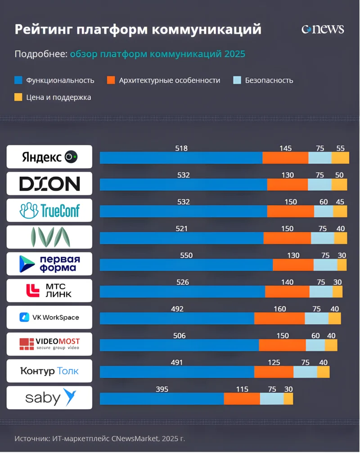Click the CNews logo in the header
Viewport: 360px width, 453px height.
322,29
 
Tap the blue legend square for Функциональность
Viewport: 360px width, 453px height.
18,81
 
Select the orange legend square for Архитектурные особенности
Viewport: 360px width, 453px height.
111,81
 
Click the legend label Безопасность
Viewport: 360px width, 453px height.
269,81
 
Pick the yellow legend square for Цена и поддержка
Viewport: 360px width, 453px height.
18,97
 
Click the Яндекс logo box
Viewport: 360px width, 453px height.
49,157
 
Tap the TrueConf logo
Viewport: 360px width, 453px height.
49,210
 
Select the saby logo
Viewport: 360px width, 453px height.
49,398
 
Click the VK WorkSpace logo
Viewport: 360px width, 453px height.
49,317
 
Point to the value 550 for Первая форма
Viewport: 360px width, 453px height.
186,256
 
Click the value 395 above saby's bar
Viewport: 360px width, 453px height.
162,389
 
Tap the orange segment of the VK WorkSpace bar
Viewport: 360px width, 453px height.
279,318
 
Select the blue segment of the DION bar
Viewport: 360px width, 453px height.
183,184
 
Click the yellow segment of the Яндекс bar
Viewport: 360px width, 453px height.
340,158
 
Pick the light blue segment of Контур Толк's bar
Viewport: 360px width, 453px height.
305,372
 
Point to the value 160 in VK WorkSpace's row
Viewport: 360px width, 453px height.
279,309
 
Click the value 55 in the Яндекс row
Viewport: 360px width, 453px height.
341,148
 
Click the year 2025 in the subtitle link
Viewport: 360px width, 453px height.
234,54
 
